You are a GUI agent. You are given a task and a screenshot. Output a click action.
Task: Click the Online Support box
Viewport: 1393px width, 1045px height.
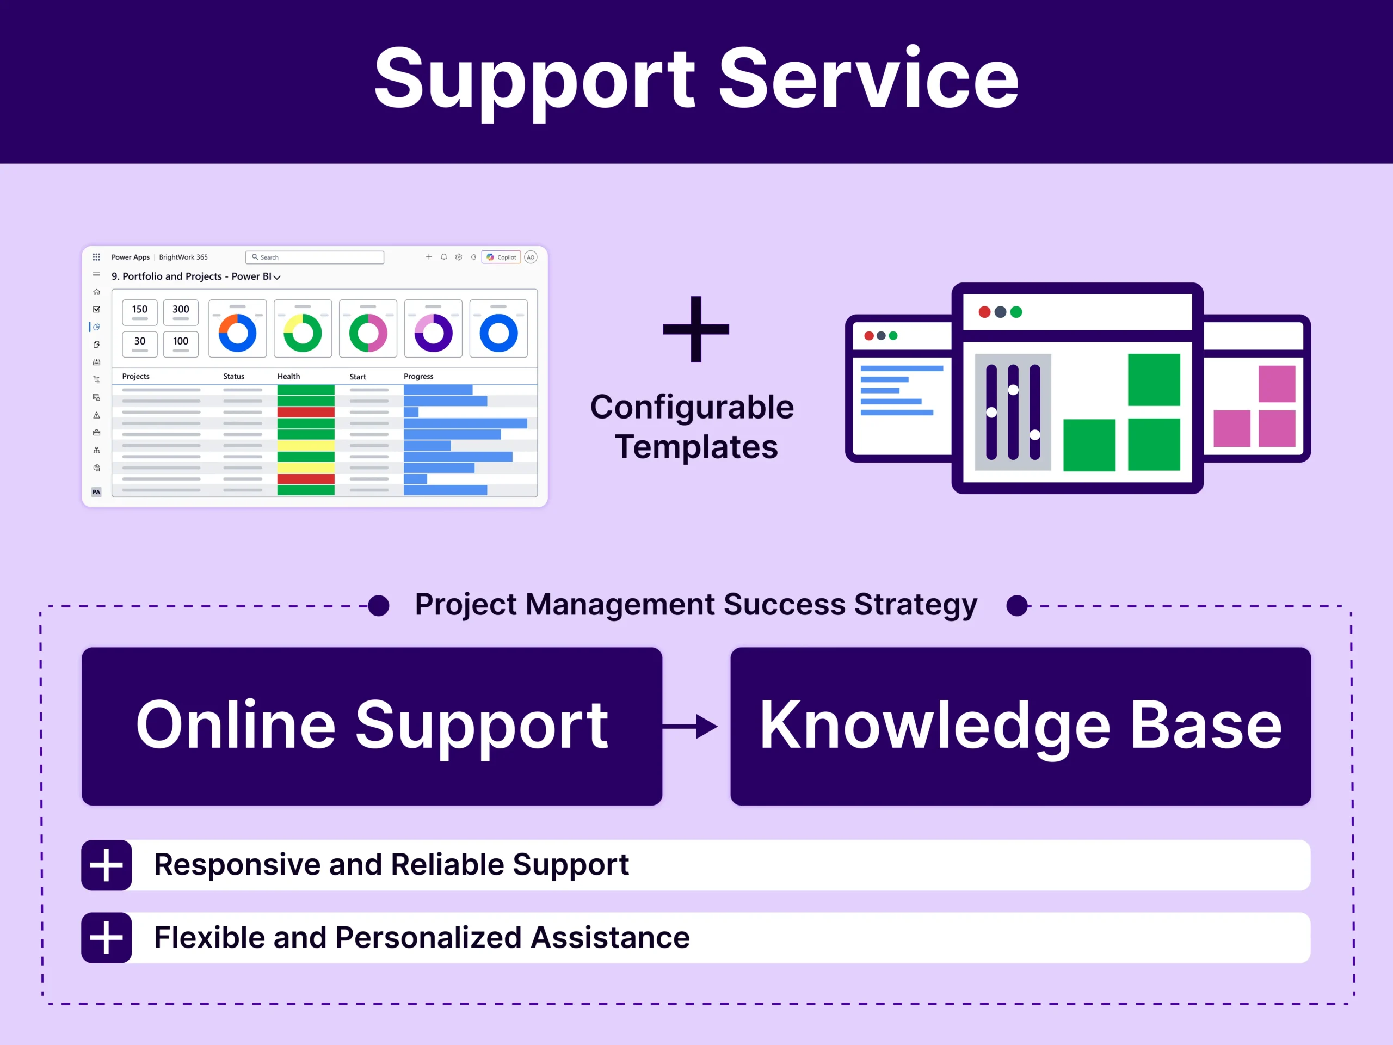[x=372, y=726]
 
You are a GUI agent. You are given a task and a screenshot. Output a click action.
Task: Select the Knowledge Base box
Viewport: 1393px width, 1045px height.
[x=1020, y=726]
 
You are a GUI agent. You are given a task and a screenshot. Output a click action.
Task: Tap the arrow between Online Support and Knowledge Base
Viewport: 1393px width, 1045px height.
[x=692, y=726]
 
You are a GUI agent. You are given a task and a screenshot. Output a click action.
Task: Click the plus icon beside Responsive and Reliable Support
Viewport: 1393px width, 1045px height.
[x=107, y=865]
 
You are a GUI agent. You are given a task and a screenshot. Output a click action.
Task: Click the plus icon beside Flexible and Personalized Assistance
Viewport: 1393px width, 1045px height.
[x=107, y=937]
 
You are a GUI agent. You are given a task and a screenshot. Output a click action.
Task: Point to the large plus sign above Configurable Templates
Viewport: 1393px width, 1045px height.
[x=695, y=329]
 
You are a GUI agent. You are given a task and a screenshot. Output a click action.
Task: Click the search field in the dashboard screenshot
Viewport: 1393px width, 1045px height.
[x=315, y=257]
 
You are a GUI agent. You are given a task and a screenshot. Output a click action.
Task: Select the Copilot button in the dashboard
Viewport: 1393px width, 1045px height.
[x=501, y=257]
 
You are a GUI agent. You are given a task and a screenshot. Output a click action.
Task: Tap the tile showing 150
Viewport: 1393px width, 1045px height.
[x=140, y=312]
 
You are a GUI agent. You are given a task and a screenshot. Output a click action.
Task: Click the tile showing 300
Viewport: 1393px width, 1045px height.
[x=181, y=312]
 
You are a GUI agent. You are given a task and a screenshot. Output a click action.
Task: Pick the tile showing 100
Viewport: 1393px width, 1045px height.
[x=181, y=344]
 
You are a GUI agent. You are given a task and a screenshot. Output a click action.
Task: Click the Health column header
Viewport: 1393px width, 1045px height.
[x=288, y=376]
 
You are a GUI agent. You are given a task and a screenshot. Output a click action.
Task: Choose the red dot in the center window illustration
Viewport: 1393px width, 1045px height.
[x=984, y=312]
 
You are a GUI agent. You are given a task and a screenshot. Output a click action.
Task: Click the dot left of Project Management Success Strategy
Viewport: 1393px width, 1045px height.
[x=379, y=605]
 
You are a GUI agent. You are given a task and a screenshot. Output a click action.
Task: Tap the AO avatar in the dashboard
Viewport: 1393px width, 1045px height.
[x=531, y=257]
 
